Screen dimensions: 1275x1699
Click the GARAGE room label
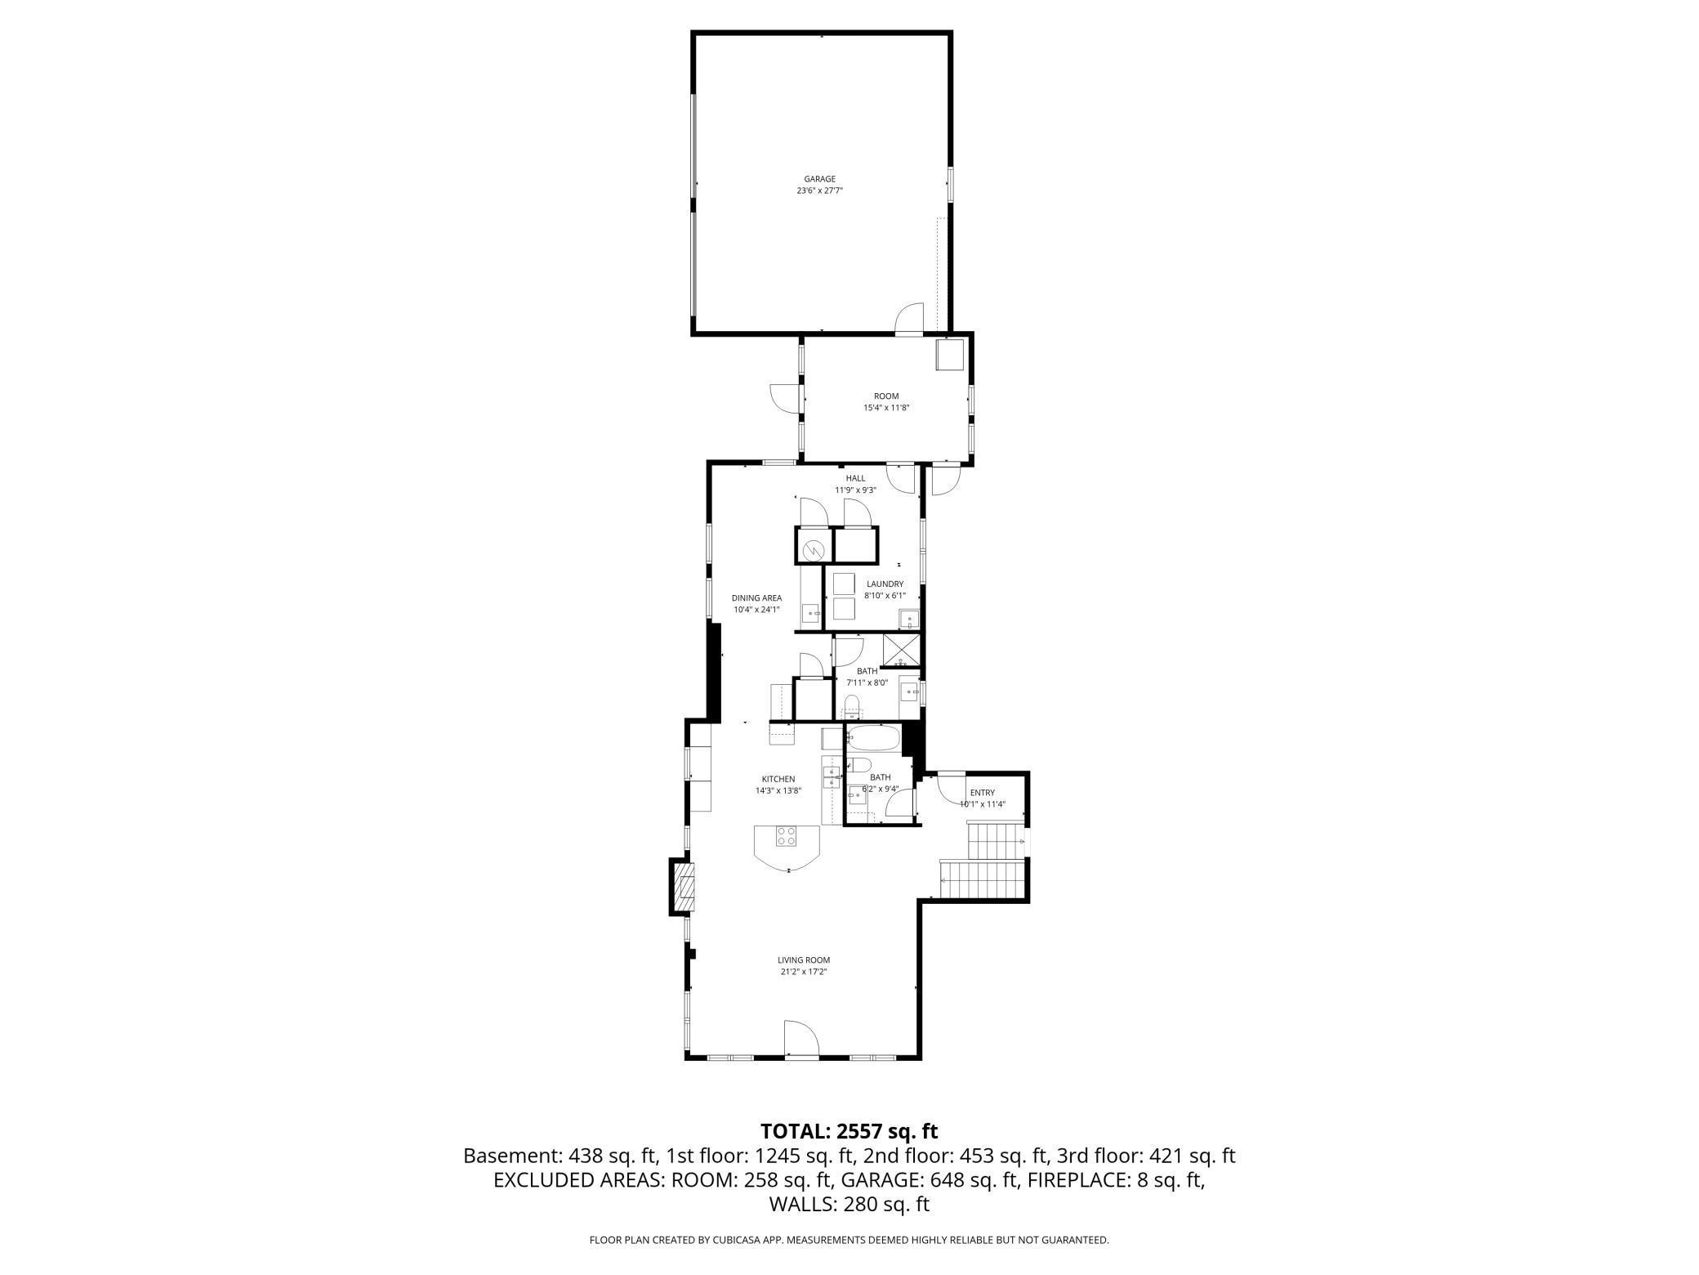coord(819,179)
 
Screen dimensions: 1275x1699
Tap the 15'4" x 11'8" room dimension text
coord(886,408)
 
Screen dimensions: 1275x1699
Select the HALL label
coord(855,478)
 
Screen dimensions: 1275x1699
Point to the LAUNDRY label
coord(885,584)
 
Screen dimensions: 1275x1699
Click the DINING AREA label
coord(756,597)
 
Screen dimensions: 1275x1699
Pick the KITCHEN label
coord(778,779)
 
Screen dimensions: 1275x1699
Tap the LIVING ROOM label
coord(804,960)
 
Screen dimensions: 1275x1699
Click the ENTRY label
coord(982,792)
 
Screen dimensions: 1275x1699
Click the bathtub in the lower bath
coord(873,739)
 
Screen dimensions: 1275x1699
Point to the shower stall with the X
coord(902,651)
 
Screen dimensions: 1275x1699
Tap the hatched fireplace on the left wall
coord(684,887)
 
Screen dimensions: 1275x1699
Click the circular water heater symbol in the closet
coord(813,550)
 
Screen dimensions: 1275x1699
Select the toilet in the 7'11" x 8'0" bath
coord(852,705)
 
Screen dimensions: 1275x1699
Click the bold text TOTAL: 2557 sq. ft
coord(849,1131)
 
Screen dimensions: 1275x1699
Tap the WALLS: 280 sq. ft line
coord(849,1204)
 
